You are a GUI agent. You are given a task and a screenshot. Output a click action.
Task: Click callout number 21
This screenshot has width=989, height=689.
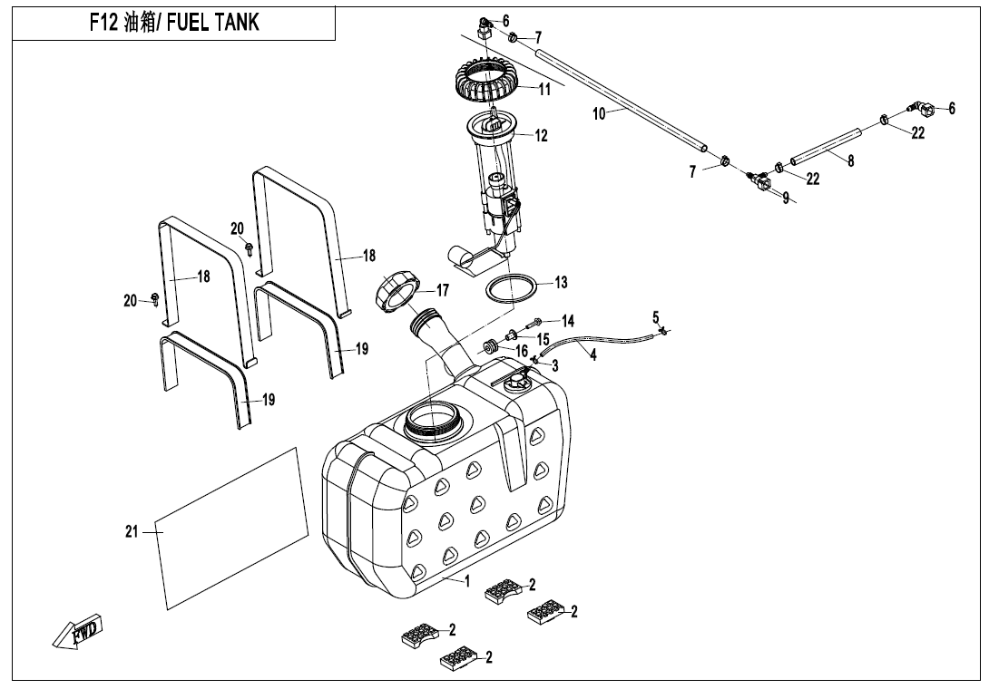pyautogui.click(x=132, y=532)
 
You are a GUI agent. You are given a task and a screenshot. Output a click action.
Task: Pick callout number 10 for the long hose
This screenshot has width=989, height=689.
pyautogui.click(x=599, y=114)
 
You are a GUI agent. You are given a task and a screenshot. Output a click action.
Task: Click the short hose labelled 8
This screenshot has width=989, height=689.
pyautogui.click(x=825, y=148)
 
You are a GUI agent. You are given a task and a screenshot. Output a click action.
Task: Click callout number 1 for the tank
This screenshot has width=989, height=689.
pyautogui.click(x=467, y=581)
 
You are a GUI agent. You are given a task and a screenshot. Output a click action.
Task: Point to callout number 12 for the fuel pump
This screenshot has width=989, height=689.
pyautogui.click(x=542, y=137)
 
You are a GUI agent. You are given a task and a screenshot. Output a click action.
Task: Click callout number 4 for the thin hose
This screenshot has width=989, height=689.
pyautogui.click(x=593, y=355)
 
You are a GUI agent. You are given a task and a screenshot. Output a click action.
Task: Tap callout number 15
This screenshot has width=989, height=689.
pyautogui.click(x=543, y=338)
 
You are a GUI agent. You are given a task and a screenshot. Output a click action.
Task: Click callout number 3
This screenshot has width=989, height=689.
pyautogui.click(x=554, y=364)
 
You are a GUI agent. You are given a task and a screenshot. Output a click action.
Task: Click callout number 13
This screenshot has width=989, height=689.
pyautogui.click(x=561, y=283)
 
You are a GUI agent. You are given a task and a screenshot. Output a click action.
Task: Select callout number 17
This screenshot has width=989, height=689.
pyautogui.click(x=442, y=291)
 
